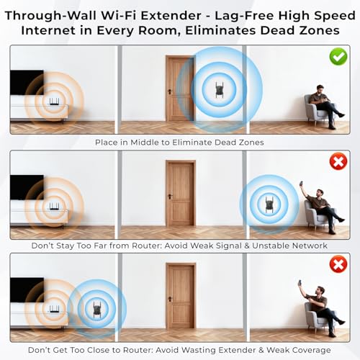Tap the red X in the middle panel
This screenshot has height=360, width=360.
[x=338, y=161]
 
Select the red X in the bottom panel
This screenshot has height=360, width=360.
[x=338, y=264]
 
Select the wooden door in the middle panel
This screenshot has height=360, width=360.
[x=180, y=194]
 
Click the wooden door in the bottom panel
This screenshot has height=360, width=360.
[x=180, y=297]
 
